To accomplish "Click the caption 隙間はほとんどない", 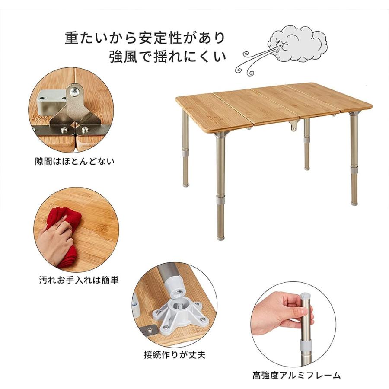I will coord(74,162).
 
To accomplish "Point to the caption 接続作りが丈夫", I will coord(174,355).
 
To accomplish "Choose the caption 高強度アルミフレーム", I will coord(297,375).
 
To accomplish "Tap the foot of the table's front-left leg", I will coord(221,236).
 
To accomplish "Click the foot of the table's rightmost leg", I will coord(354,201).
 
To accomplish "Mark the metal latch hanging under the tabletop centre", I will coord(294,126).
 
